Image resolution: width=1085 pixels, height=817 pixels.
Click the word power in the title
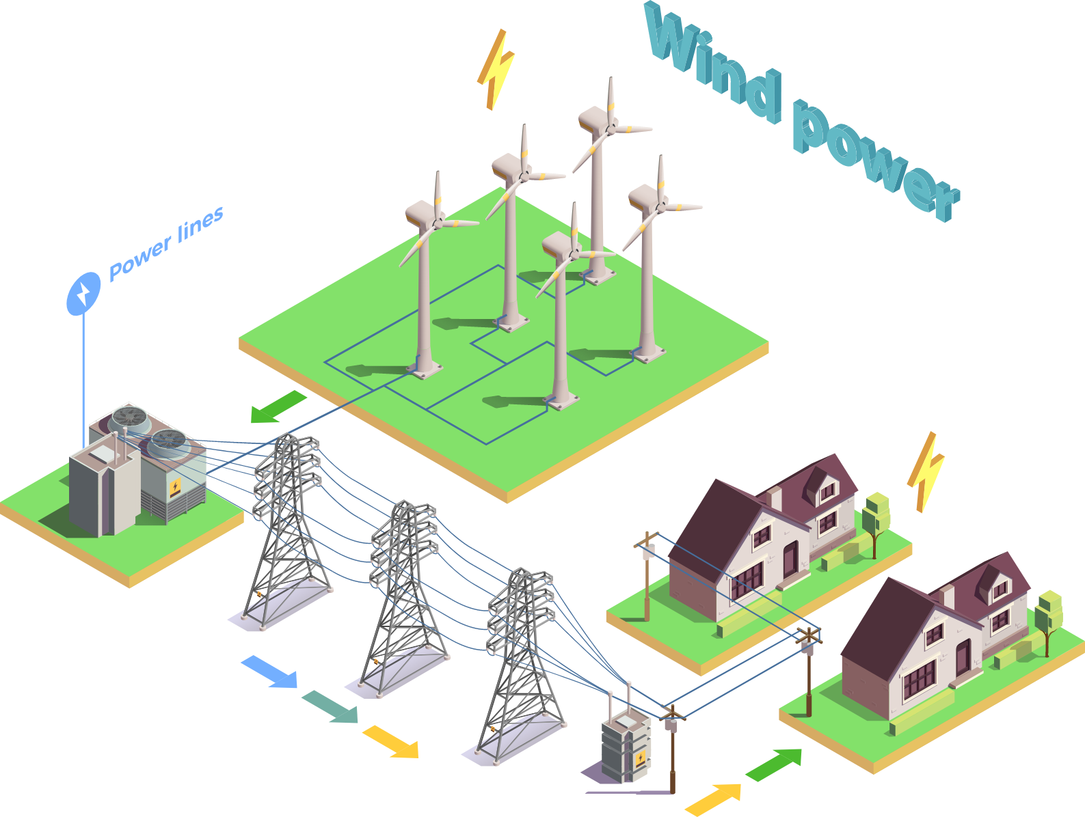876,161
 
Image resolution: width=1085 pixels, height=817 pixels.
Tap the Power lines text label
166,244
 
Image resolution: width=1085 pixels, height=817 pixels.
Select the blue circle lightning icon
83,293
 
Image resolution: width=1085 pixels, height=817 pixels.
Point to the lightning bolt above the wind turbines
496,69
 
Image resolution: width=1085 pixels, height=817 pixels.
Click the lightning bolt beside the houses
925,472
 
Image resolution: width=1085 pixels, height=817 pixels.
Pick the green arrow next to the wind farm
278,407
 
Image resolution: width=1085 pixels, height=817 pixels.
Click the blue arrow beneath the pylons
270,671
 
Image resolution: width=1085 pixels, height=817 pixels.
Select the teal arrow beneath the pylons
330,706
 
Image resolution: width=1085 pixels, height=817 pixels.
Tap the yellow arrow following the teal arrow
391,741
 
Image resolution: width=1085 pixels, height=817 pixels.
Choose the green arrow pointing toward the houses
774,764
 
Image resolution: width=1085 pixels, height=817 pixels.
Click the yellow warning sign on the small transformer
641,758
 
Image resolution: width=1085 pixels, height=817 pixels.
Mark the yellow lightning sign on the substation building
175,488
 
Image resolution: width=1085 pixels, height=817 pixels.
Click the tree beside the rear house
876,523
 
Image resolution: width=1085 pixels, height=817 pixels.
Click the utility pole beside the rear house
647,576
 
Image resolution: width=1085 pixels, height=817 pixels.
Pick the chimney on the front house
947,597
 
